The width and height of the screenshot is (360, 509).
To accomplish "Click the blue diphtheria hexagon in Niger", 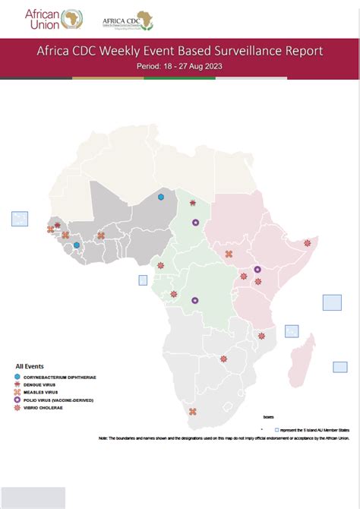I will click(161, 197).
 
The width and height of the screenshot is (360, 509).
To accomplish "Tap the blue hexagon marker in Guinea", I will click(77, 245).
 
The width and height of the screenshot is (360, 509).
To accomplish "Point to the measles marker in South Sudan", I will click(229, 254).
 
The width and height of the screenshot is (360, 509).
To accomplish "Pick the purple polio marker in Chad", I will click(196, 223).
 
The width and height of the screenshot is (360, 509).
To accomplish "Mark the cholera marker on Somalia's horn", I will click(308, 243).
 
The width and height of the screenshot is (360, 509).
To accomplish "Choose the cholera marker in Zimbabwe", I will click(223, 359).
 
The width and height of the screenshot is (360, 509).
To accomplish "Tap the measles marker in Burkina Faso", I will click(101, 236).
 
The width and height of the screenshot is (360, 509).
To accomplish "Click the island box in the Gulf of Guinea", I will click(143, 280).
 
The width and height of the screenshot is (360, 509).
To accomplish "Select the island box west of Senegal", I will click(20, 219).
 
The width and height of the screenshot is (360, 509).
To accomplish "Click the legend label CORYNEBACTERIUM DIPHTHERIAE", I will click(61, 377).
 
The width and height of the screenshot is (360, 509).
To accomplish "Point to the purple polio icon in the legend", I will click(18, 400).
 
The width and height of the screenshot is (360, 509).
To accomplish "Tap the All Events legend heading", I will click(30, 365).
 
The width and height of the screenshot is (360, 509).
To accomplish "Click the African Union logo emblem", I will click(74, 17).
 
